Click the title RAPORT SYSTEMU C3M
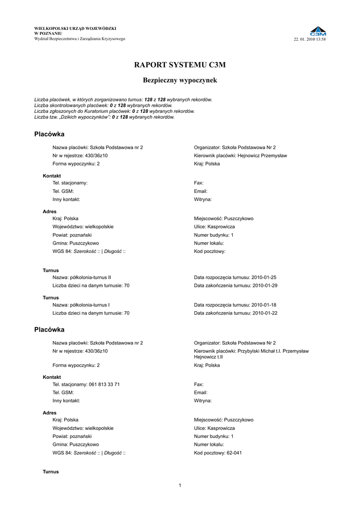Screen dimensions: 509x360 [x=180, y=65]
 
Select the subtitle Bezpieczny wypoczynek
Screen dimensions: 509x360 [x=180, y=80]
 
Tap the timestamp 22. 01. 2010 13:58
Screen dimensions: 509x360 [x=310, y=39]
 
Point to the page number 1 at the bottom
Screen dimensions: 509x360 [x=180, y=485]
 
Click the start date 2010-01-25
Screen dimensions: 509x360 [x=264, y=277]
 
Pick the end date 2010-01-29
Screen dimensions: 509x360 [x=265, y=286]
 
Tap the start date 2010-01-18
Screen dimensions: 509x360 [x=264, y=305]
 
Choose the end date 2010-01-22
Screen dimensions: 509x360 [x=265, y=313]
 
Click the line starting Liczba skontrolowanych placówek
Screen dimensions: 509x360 [x=103, y=105]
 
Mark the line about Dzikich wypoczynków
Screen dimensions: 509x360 [x=104, y=117]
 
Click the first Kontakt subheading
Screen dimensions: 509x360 [x=52, y=176]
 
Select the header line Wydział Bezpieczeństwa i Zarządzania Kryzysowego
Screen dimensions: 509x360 [x=80, y=39]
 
